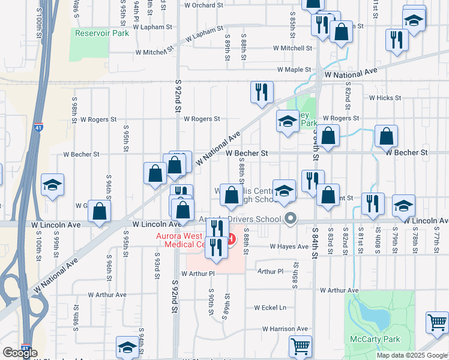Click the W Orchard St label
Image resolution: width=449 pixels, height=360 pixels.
coord(203,5)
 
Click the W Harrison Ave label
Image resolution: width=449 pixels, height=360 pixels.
coord(285,329)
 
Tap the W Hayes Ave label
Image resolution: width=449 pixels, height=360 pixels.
coord(289,246)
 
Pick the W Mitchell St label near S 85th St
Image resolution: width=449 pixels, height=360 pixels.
coord(292,48)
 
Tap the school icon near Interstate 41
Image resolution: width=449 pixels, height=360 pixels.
coord(52,185)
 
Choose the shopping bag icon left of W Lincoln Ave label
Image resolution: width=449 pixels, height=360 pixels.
coord(100,211)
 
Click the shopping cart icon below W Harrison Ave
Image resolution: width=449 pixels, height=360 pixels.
coord(300,346)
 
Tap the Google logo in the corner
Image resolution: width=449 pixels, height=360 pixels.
coord(20,353)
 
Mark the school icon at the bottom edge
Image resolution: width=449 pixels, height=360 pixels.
coord(127,346)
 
